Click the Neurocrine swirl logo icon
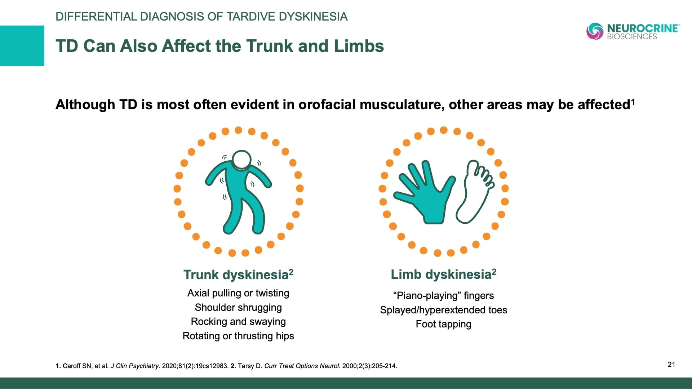[x=595, y=31]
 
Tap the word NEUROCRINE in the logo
[x=643, y=28]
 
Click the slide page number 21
[x=671, y=365]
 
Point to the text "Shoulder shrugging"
[x=238, y=307]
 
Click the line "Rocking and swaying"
[x=238, y=321]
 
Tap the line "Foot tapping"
[x=444, y=324]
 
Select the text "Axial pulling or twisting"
[x=238, y=293]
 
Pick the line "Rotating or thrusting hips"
[x=238, y=336]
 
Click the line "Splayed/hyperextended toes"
[x=444, y=310]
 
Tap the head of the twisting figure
[x=241, y=160]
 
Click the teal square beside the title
[x=22, y=46]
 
